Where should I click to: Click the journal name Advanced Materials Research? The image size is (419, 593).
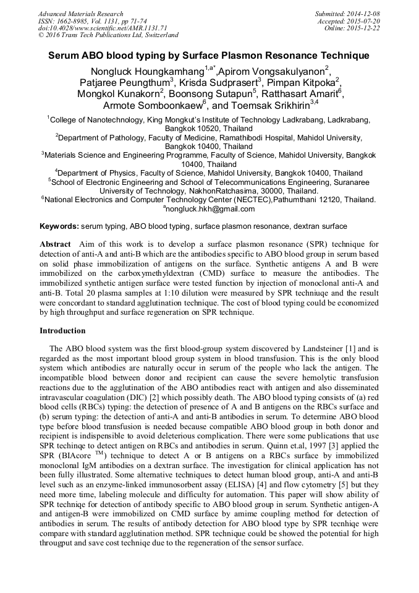point(80,14)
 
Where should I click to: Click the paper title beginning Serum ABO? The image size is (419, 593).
point(209,56)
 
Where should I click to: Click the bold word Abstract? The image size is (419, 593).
point(55,244)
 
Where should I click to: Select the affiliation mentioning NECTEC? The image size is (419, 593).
point(209,200)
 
